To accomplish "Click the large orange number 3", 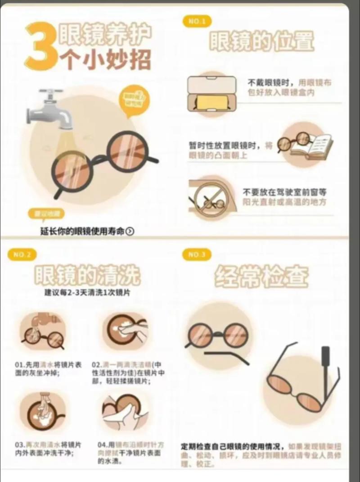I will click(42, 47).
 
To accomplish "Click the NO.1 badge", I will click(197, 21).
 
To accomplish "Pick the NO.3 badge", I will click(197, 255).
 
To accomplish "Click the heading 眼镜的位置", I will click(261, 41).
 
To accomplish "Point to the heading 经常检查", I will click(261, 276).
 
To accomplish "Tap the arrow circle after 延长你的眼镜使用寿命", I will click(130, 232).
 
